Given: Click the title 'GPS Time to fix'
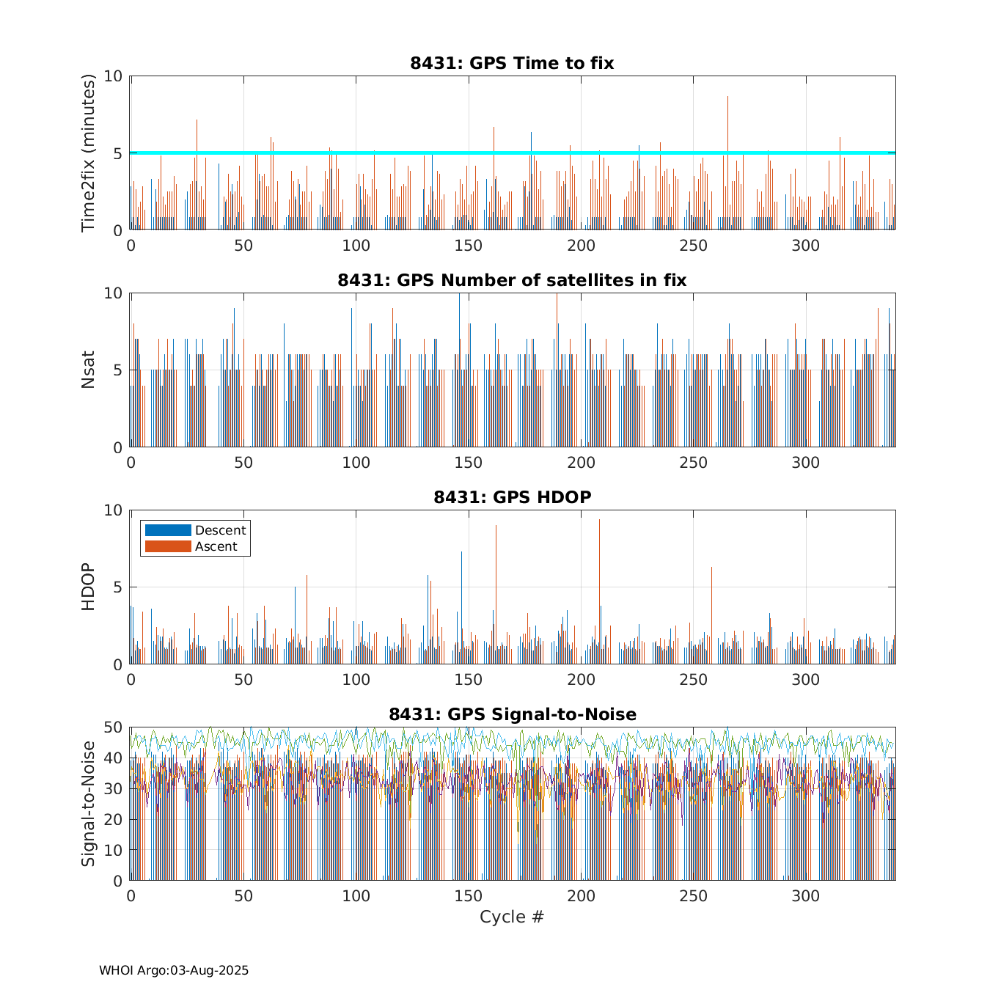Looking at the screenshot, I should coord(512,63).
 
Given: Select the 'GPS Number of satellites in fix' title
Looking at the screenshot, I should coord(512,280).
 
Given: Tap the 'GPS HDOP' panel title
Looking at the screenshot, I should coord(512,497).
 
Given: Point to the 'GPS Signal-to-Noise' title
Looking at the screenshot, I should coord(512,714).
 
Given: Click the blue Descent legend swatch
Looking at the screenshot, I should coord(168,530).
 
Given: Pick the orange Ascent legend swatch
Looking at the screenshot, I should coord(168,546).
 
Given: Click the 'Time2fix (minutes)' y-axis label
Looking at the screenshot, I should coord(89,153).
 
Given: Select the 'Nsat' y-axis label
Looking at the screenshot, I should coord(89,370).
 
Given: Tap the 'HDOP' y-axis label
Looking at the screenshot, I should coord(89,587).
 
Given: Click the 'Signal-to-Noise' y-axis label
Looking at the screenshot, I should coord(89,804).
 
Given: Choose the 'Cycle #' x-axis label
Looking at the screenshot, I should coord(512,917).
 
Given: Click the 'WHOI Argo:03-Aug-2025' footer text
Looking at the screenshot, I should coord(174,971).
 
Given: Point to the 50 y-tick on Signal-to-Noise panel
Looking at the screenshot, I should coord(113,727).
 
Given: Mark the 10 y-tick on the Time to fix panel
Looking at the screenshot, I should coord(113,76).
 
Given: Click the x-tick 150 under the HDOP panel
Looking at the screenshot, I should coord(468,680).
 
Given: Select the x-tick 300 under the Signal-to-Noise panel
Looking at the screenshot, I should coord(806,896).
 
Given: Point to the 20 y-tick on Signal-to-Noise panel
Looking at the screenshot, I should coord(113,819).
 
